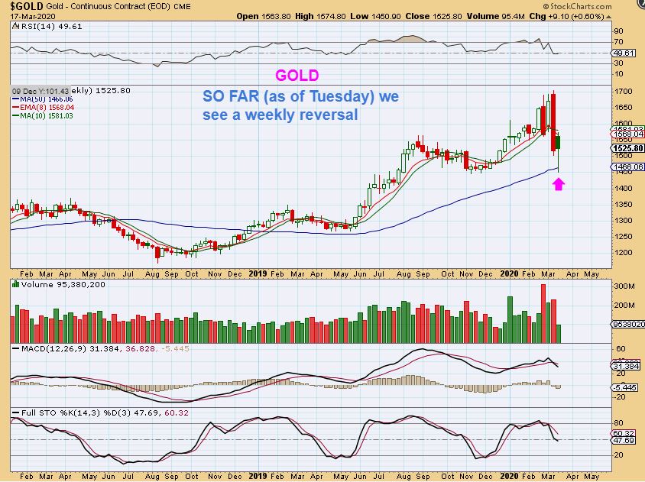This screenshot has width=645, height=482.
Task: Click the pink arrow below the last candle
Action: [x=559, y=184]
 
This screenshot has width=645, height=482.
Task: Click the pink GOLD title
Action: [x=297, y=76]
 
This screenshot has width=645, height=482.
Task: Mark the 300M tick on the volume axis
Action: [x=626, y=286]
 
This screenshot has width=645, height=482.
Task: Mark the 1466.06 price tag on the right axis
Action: [x=628, y=167]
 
